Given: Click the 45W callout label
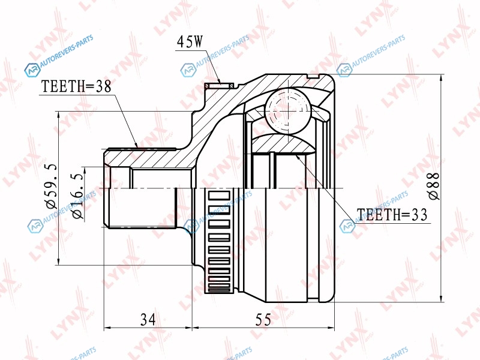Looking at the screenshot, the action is coord(190,41).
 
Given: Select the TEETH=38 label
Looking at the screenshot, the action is coord(76,86).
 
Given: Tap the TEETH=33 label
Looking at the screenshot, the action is coord(392,215).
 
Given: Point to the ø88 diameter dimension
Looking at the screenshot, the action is coord(433,186).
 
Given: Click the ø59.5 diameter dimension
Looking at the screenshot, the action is coord(52,186).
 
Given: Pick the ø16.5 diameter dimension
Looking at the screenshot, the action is coord(77,197).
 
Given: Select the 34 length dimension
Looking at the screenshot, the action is coord(148,320).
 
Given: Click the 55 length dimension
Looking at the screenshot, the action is coord(263,320).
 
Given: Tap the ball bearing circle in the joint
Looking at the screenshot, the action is coord(288,110).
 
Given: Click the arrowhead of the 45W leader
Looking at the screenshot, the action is coord(219,81).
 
